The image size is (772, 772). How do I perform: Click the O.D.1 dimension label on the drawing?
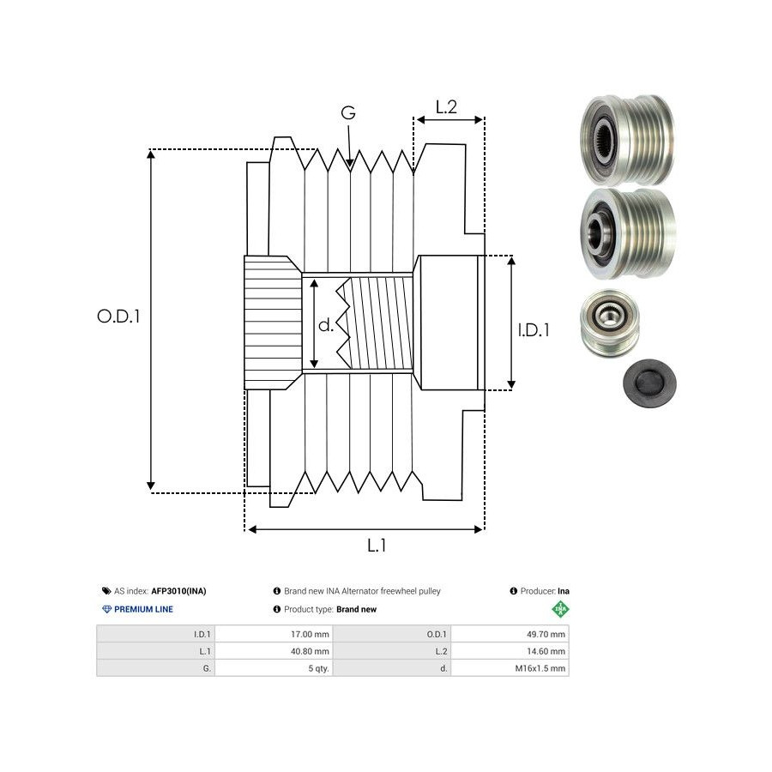(118, 316)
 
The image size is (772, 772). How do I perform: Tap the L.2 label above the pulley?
(446, 107)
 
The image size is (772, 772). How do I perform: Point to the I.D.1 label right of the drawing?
(534, 329)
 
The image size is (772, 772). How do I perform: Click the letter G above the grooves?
(348, 113)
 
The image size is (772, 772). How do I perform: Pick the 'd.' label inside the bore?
(326, 325)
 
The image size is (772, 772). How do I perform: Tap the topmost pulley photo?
(627, 138)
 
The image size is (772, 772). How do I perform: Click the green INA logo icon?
(560, 610)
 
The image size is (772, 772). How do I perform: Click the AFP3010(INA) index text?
(178, 591)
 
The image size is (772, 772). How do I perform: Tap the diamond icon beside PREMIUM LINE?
(106, 610)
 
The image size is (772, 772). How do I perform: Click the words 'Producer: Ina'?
(540, 591)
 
